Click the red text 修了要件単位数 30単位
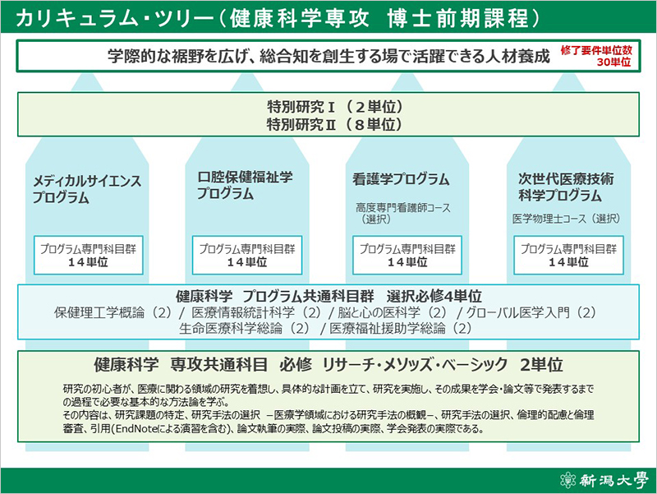click(x=596, y=56)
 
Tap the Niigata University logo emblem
click(x=568, y=480)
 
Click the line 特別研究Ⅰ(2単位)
click(x=335, y=107)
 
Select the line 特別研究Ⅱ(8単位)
click(x=335, y=125)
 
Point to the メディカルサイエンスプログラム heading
click(x=87, y=189)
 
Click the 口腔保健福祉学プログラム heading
click(x=245, y=185)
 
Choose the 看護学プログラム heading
click(x=401, y=179)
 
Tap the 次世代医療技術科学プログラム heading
click(x=566, y=187)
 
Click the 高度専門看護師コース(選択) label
click(x=403, y=213)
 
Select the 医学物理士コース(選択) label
click(x=566, y=219)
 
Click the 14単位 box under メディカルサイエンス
click(x=89, y=256)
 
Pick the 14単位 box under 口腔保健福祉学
click(x=247, y=256)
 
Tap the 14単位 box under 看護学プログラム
click(x=407, y=256)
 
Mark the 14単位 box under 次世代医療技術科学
click(x=568, y=256)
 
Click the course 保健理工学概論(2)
click(x=113, y=313)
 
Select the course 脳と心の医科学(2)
click(x=393, y=313)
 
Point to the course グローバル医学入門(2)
click(x=531, y=313)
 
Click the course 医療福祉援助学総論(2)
click(x=401, y=328)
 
